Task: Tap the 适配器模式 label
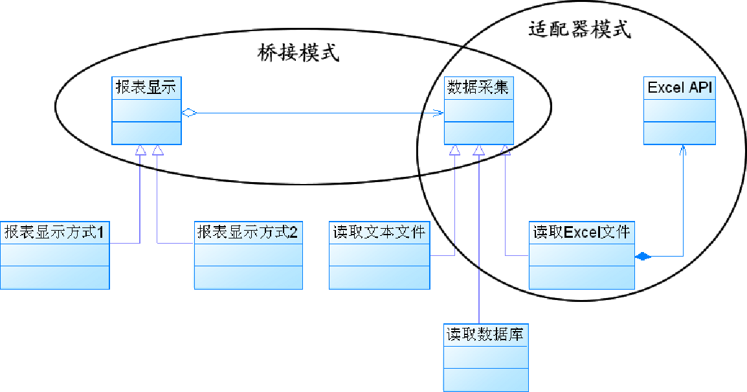579,30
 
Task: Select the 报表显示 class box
146,110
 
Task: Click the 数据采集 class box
478,110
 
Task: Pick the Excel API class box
680,111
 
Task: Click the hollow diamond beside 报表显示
188,113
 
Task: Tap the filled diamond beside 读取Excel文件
642,257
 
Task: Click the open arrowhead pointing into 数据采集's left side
439,113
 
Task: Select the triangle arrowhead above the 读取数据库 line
478,150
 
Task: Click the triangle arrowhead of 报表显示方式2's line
157,150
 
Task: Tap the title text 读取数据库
485,335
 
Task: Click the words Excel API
680,88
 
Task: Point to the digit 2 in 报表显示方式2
294,231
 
